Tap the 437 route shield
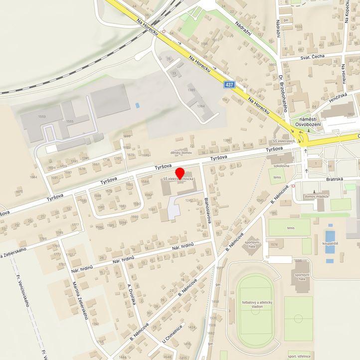[x=229, y=85]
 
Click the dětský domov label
[x=181, y=153]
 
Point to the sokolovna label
[x=282, y=166]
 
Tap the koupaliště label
[x=329, y=243]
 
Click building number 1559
[x=42, y=117]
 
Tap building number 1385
[x=191, y=90]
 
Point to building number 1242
[x=188, y=200]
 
